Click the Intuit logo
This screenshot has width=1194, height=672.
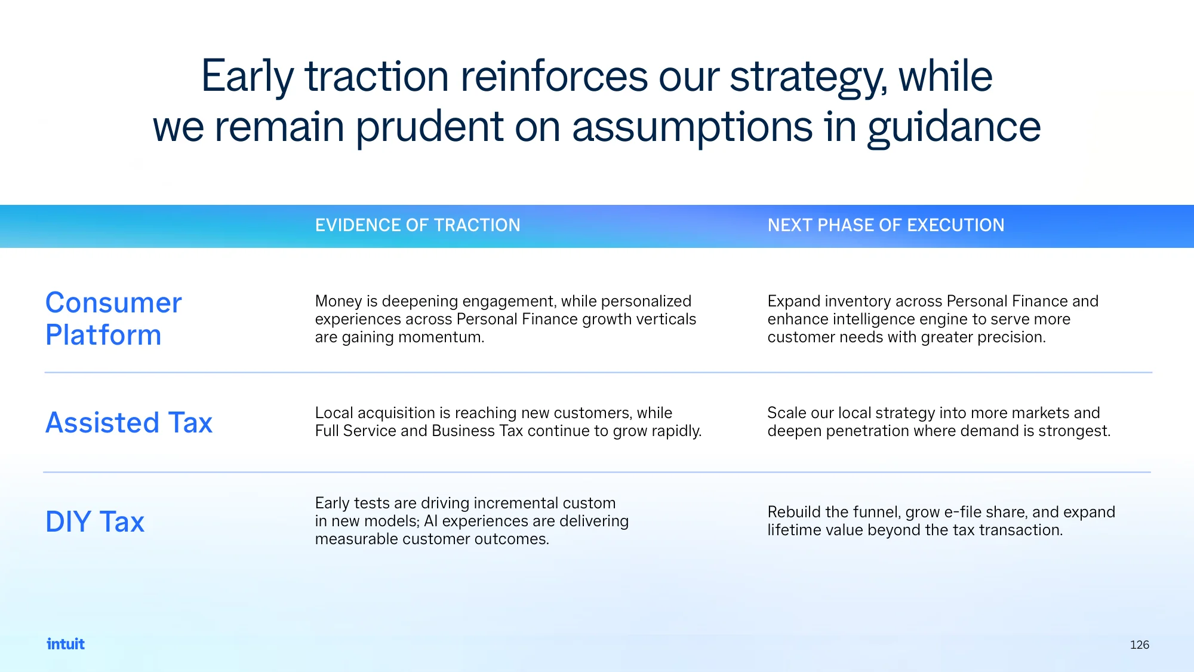coord(66,644)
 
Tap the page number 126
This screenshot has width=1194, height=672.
coord(1139,645)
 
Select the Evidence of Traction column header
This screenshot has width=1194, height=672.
coord(418,225)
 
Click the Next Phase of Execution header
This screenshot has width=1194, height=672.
coord(886,225)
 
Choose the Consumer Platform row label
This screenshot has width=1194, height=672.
coord(113,318)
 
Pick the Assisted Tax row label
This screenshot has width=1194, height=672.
coord(129,422)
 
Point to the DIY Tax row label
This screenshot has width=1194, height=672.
coord(95,521)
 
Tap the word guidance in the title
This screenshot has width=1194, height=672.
coord(954,128)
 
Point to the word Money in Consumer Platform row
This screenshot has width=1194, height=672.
coord(338,302)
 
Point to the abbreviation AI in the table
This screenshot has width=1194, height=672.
coord(430,521)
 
